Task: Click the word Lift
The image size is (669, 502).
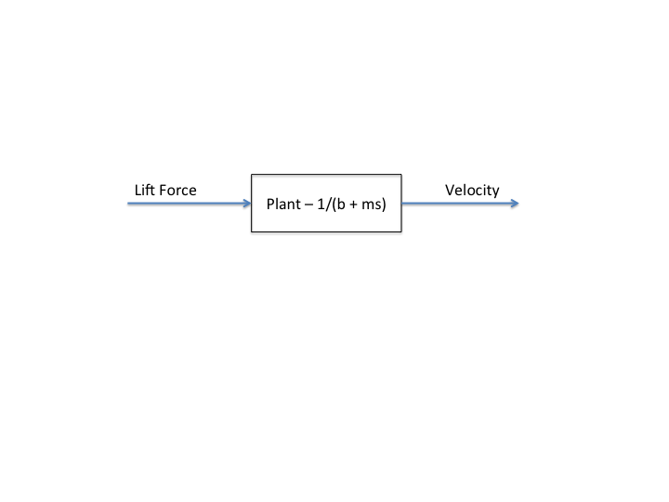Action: tap(144, 190)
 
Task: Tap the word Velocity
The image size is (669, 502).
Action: tap(472, 190)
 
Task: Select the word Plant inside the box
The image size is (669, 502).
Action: tap(284, 204)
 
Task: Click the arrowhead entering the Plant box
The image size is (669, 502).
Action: tap(247, 203)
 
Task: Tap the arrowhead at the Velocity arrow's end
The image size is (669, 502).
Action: tap(516, 203)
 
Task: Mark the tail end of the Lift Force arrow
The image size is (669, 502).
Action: tap(128, 203)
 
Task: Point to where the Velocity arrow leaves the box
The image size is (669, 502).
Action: tap(403, 203)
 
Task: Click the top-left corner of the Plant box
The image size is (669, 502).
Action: tap(252, 174)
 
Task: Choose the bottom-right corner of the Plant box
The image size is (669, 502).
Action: tap(401, 232)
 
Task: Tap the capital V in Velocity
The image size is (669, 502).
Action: tap(450, 190)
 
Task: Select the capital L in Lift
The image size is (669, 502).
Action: tap(138, 190)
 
